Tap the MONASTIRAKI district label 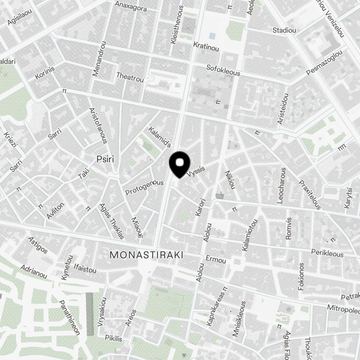pos(146,255)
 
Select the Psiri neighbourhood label pos(105,159)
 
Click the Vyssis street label pos(196,173)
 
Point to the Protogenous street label pos(144,187)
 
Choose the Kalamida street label pos(159,137)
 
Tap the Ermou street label pos(216,260)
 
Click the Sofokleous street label pos(223,70)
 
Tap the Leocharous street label pos(282,186)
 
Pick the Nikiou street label pos(229,180)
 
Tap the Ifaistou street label pos(85,269)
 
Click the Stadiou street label pos(284,30)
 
